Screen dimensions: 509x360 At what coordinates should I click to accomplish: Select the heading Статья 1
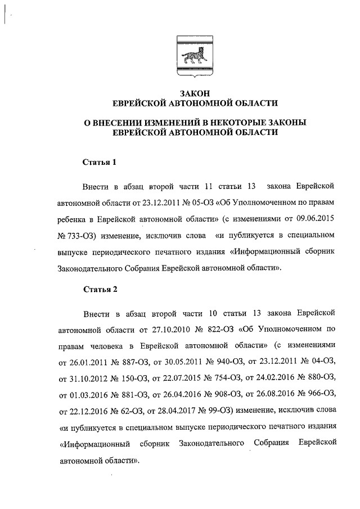coord(100,163)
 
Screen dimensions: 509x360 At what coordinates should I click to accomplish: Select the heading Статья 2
coord(100,290)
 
